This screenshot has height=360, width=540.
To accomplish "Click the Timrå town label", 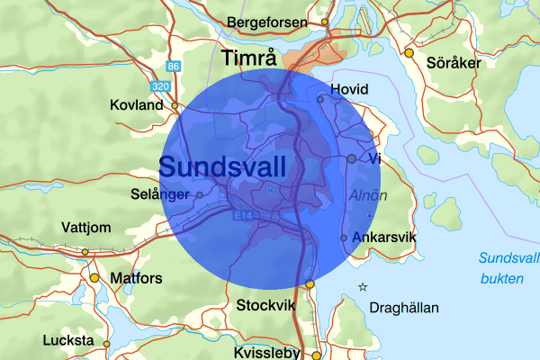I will click(249, 59).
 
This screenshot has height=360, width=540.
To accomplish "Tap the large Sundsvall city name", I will click(222, 166).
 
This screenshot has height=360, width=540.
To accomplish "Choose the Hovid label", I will click(350, 90).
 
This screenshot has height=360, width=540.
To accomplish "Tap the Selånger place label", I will click(159, 194).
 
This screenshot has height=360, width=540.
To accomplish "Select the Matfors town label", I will click(136, 278).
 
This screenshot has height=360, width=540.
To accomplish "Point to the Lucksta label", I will click(67, 341).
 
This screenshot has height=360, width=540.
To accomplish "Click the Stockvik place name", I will click(266, 306).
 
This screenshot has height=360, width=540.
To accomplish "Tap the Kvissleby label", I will click(265, 354).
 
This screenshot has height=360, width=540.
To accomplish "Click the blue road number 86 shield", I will click(174, 67).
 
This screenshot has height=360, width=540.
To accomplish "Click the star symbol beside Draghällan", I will click(363, 287).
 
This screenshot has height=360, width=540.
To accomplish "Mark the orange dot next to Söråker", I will click(409, 53).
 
